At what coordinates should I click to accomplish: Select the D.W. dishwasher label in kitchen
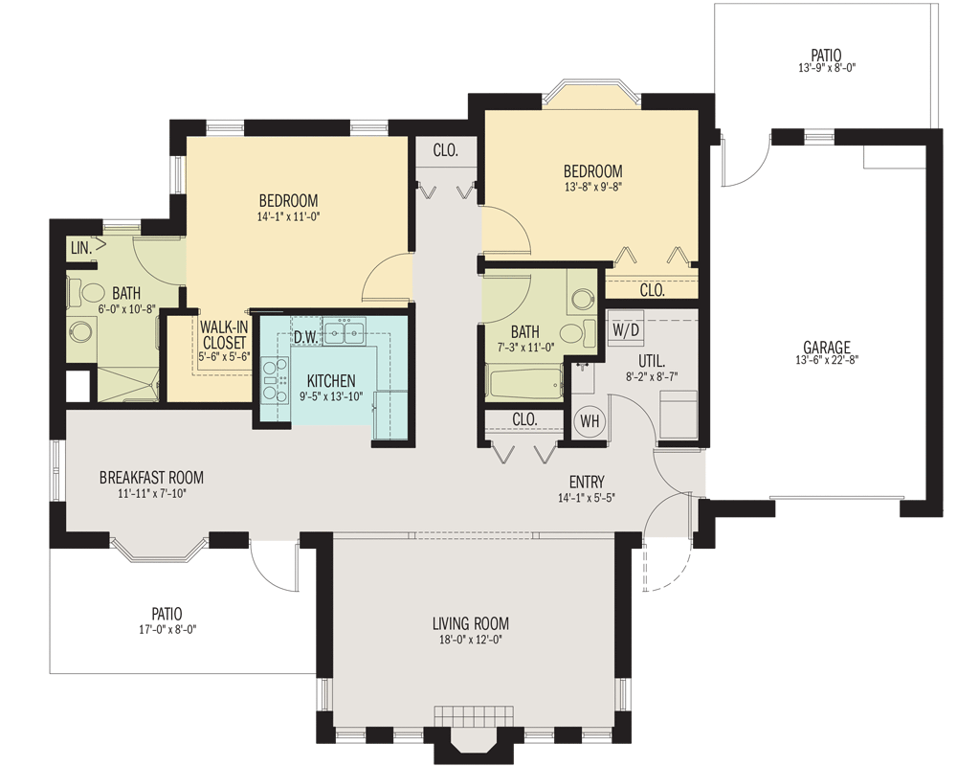[306, 337]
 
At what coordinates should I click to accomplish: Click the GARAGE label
[827, 347]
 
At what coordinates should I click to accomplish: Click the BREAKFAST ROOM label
[151, 478]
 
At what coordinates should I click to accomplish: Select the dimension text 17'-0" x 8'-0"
[166, 630]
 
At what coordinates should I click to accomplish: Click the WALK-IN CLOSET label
[225, 334]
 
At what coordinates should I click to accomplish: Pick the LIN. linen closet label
[80, 248]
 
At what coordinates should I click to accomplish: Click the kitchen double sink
[345, 332]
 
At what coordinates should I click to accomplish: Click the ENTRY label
[587, 482]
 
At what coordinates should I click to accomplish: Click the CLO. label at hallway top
[446, 150]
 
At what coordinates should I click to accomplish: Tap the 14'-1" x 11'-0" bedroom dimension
[288, 217]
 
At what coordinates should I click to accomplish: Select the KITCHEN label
[331, 380]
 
